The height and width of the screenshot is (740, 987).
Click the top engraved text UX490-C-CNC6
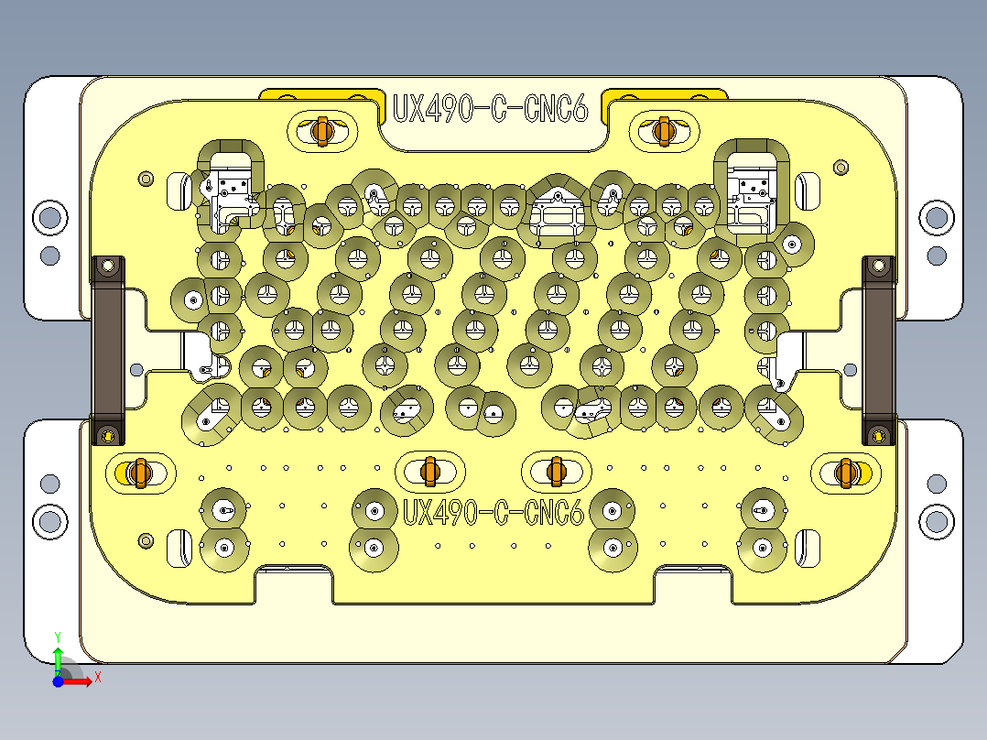pos(490,109)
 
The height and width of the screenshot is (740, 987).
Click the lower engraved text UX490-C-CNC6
pos(493,513)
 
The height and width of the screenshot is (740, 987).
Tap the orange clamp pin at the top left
pos(320,131)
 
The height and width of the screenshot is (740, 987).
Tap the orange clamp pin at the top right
pos(664,131)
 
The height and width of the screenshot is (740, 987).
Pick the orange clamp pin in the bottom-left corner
pos(138,473)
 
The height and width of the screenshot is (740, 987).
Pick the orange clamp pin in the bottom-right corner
pos(846,473)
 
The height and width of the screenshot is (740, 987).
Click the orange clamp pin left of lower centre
pos(428,470)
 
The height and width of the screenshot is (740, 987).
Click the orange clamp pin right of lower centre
pos(555,470)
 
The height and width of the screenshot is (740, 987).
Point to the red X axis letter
pos(97,677)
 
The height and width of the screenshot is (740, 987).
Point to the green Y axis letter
pos(58,635)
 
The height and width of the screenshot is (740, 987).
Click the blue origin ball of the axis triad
pos(58,681)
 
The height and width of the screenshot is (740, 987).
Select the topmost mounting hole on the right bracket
pos(936,217)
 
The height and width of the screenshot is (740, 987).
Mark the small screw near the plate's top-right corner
pos(841,168)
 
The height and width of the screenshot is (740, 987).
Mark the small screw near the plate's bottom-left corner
pos(145,541)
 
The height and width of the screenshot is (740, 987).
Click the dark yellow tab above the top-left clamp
pos(320,94)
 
